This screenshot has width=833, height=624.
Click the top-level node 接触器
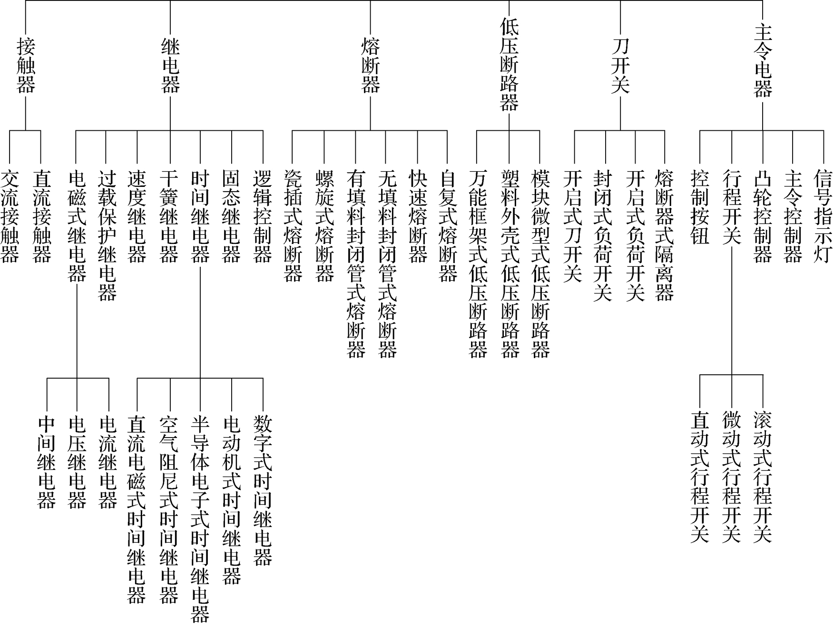coord(26,66)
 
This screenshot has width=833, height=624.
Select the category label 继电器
coord(170,66)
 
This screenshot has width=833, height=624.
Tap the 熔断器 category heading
coord(371,66)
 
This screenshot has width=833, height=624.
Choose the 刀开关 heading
coord(620,66)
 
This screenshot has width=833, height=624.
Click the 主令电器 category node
coord(763,61)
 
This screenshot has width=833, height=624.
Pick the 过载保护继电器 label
coord(107,235)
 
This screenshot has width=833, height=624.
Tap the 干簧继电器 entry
coord(169,216)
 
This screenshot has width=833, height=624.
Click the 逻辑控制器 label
coord(263,216)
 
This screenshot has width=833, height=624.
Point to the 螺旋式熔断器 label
coord(324,226)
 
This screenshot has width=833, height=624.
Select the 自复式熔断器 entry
coord(447,226)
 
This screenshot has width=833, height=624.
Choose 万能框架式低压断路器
coord(478,264)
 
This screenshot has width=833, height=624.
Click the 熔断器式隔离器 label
coord(664,235)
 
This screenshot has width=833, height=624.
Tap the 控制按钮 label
coord(700,207)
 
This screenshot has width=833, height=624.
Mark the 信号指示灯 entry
coord(823,216)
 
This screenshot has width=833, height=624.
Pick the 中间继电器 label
coord(47,462)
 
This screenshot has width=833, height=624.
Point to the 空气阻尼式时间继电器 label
coord(169,510)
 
